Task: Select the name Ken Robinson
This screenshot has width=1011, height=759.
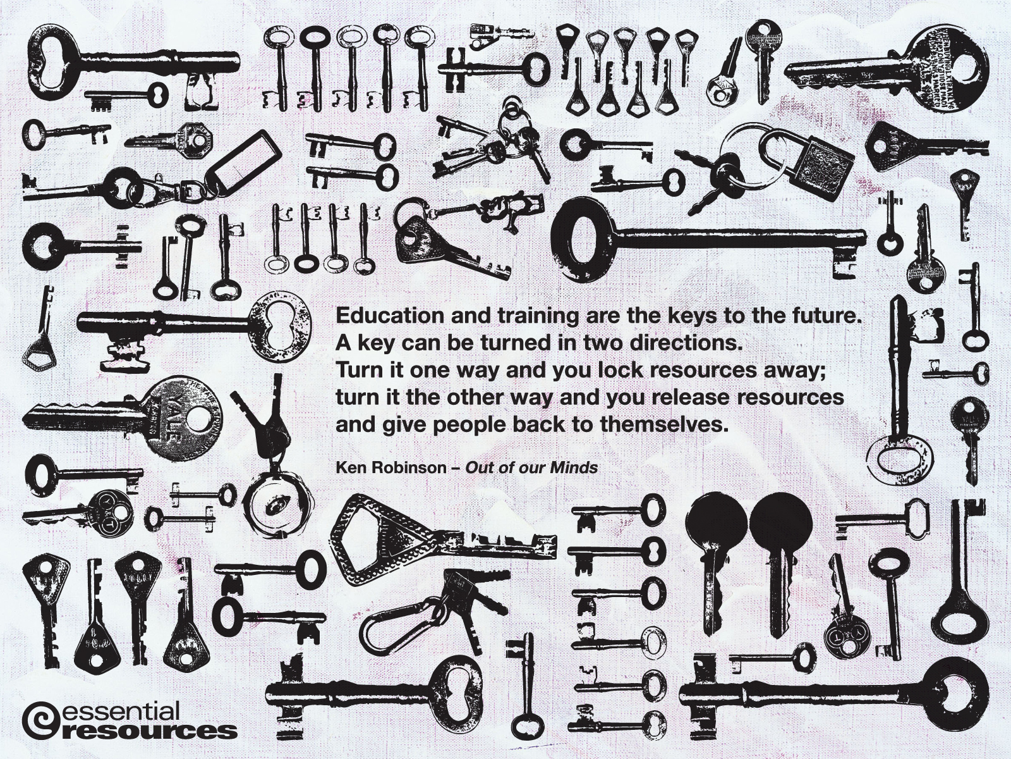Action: pyautogui.click(x=391, y=468)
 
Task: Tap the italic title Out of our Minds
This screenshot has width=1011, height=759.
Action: pyautogui.click(x=531, y=468)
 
